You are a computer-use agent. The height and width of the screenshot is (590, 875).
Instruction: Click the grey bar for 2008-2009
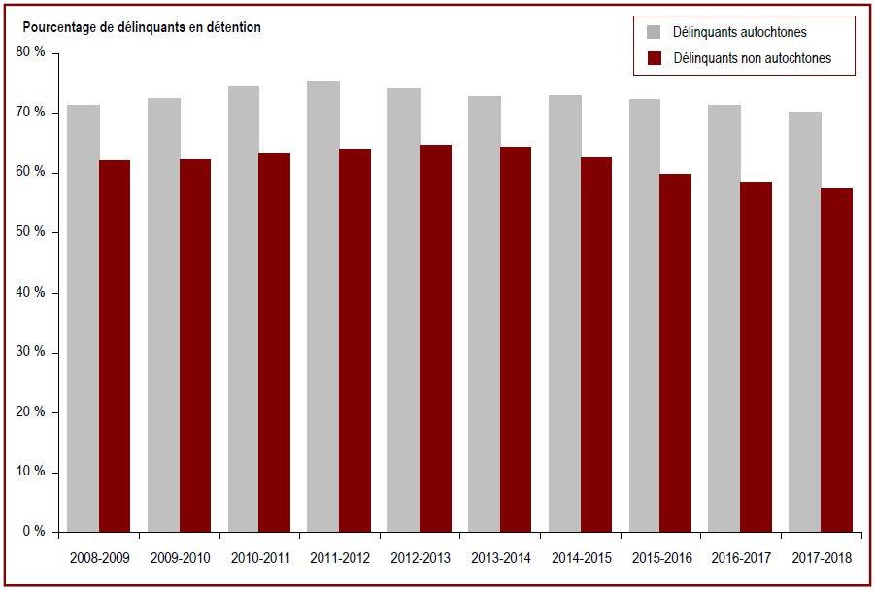point(84,318)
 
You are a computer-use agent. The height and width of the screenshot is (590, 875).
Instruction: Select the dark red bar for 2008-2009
point(115,345)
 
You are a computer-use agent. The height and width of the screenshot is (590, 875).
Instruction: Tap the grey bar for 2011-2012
point(323,306)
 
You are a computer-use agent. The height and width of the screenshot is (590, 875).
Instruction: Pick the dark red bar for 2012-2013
point(436,338)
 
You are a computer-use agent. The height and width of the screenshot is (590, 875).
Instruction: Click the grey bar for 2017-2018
point(805,322)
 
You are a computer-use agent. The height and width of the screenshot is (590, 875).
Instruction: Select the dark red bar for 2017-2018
point(836,360)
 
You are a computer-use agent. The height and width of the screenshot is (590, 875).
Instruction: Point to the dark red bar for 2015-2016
point(676,353)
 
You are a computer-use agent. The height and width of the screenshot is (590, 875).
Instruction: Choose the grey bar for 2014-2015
point(565,313)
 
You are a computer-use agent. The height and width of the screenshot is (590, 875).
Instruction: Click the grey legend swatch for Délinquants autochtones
point(654,32)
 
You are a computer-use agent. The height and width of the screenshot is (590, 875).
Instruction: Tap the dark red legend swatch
point(654,58)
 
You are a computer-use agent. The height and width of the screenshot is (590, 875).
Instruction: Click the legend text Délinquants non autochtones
point(753,58)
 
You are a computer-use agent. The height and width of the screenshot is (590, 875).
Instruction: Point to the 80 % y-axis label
point(31,52)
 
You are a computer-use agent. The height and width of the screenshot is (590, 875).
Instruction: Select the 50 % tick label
point(31,232)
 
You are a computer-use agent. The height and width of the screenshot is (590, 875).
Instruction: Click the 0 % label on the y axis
point(34,532)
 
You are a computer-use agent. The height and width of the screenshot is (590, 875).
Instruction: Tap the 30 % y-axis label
point(31,352)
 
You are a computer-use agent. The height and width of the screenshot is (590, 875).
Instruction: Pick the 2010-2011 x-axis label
point(260,558)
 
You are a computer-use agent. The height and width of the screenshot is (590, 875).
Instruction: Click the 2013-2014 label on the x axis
point(500,558)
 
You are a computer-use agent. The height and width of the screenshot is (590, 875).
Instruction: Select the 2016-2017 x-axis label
point(741,558)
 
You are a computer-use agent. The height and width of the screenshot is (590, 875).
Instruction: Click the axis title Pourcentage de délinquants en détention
point(142,27)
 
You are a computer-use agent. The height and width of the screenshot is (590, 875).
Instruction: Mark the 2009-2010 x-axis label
point(181,558)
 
